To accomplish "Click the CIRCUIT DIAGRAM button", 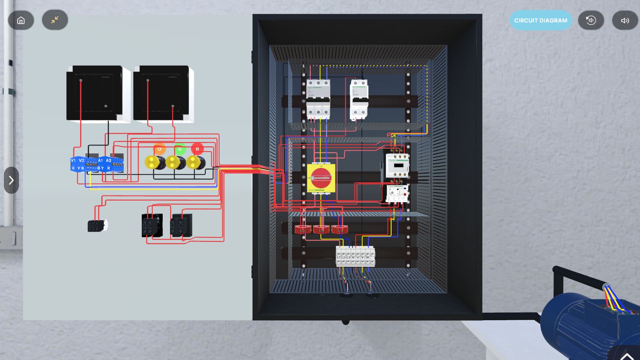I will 540,20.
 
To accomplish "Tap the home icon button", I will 21,20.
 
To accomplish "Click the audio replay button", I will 591,20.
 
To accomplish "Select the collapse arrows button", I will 55,20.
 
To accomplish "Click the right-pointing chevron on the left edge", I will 11,180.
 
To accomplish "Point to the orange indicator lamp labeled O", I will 159,149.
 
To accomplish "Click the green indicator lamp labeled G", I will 180,149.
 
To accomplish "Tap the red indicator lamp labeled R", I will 197,149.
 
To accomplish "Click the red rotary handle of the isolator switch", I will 321,178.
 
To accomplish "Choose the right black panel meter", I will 162,93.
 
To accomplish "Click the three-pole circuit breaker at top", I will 318,99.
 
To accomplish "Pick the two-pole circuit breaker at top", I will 359,99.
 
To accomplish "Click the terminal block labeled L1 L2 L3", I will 355,256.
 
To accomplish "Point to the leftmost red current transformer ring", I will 302,229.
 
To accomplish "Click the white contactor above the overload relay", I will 397,166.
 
